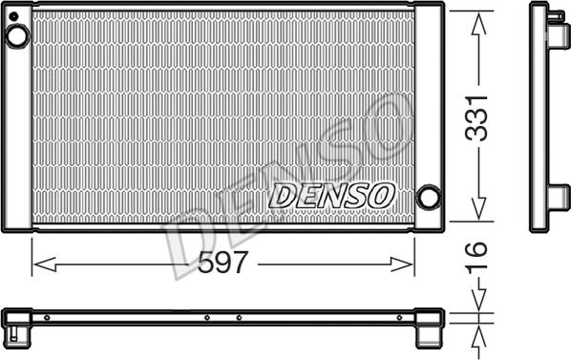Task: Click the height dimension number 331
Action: (477, 116)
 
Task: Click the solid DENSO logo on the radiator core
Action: (331, 195)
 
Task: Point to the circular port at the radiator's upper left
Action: (17, 37)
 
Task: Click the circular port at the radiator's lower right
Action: (430, 198)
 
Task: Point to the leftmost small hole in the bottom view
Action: (46, 317)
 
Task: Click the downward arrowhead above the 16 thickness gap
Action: (477, 304)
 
